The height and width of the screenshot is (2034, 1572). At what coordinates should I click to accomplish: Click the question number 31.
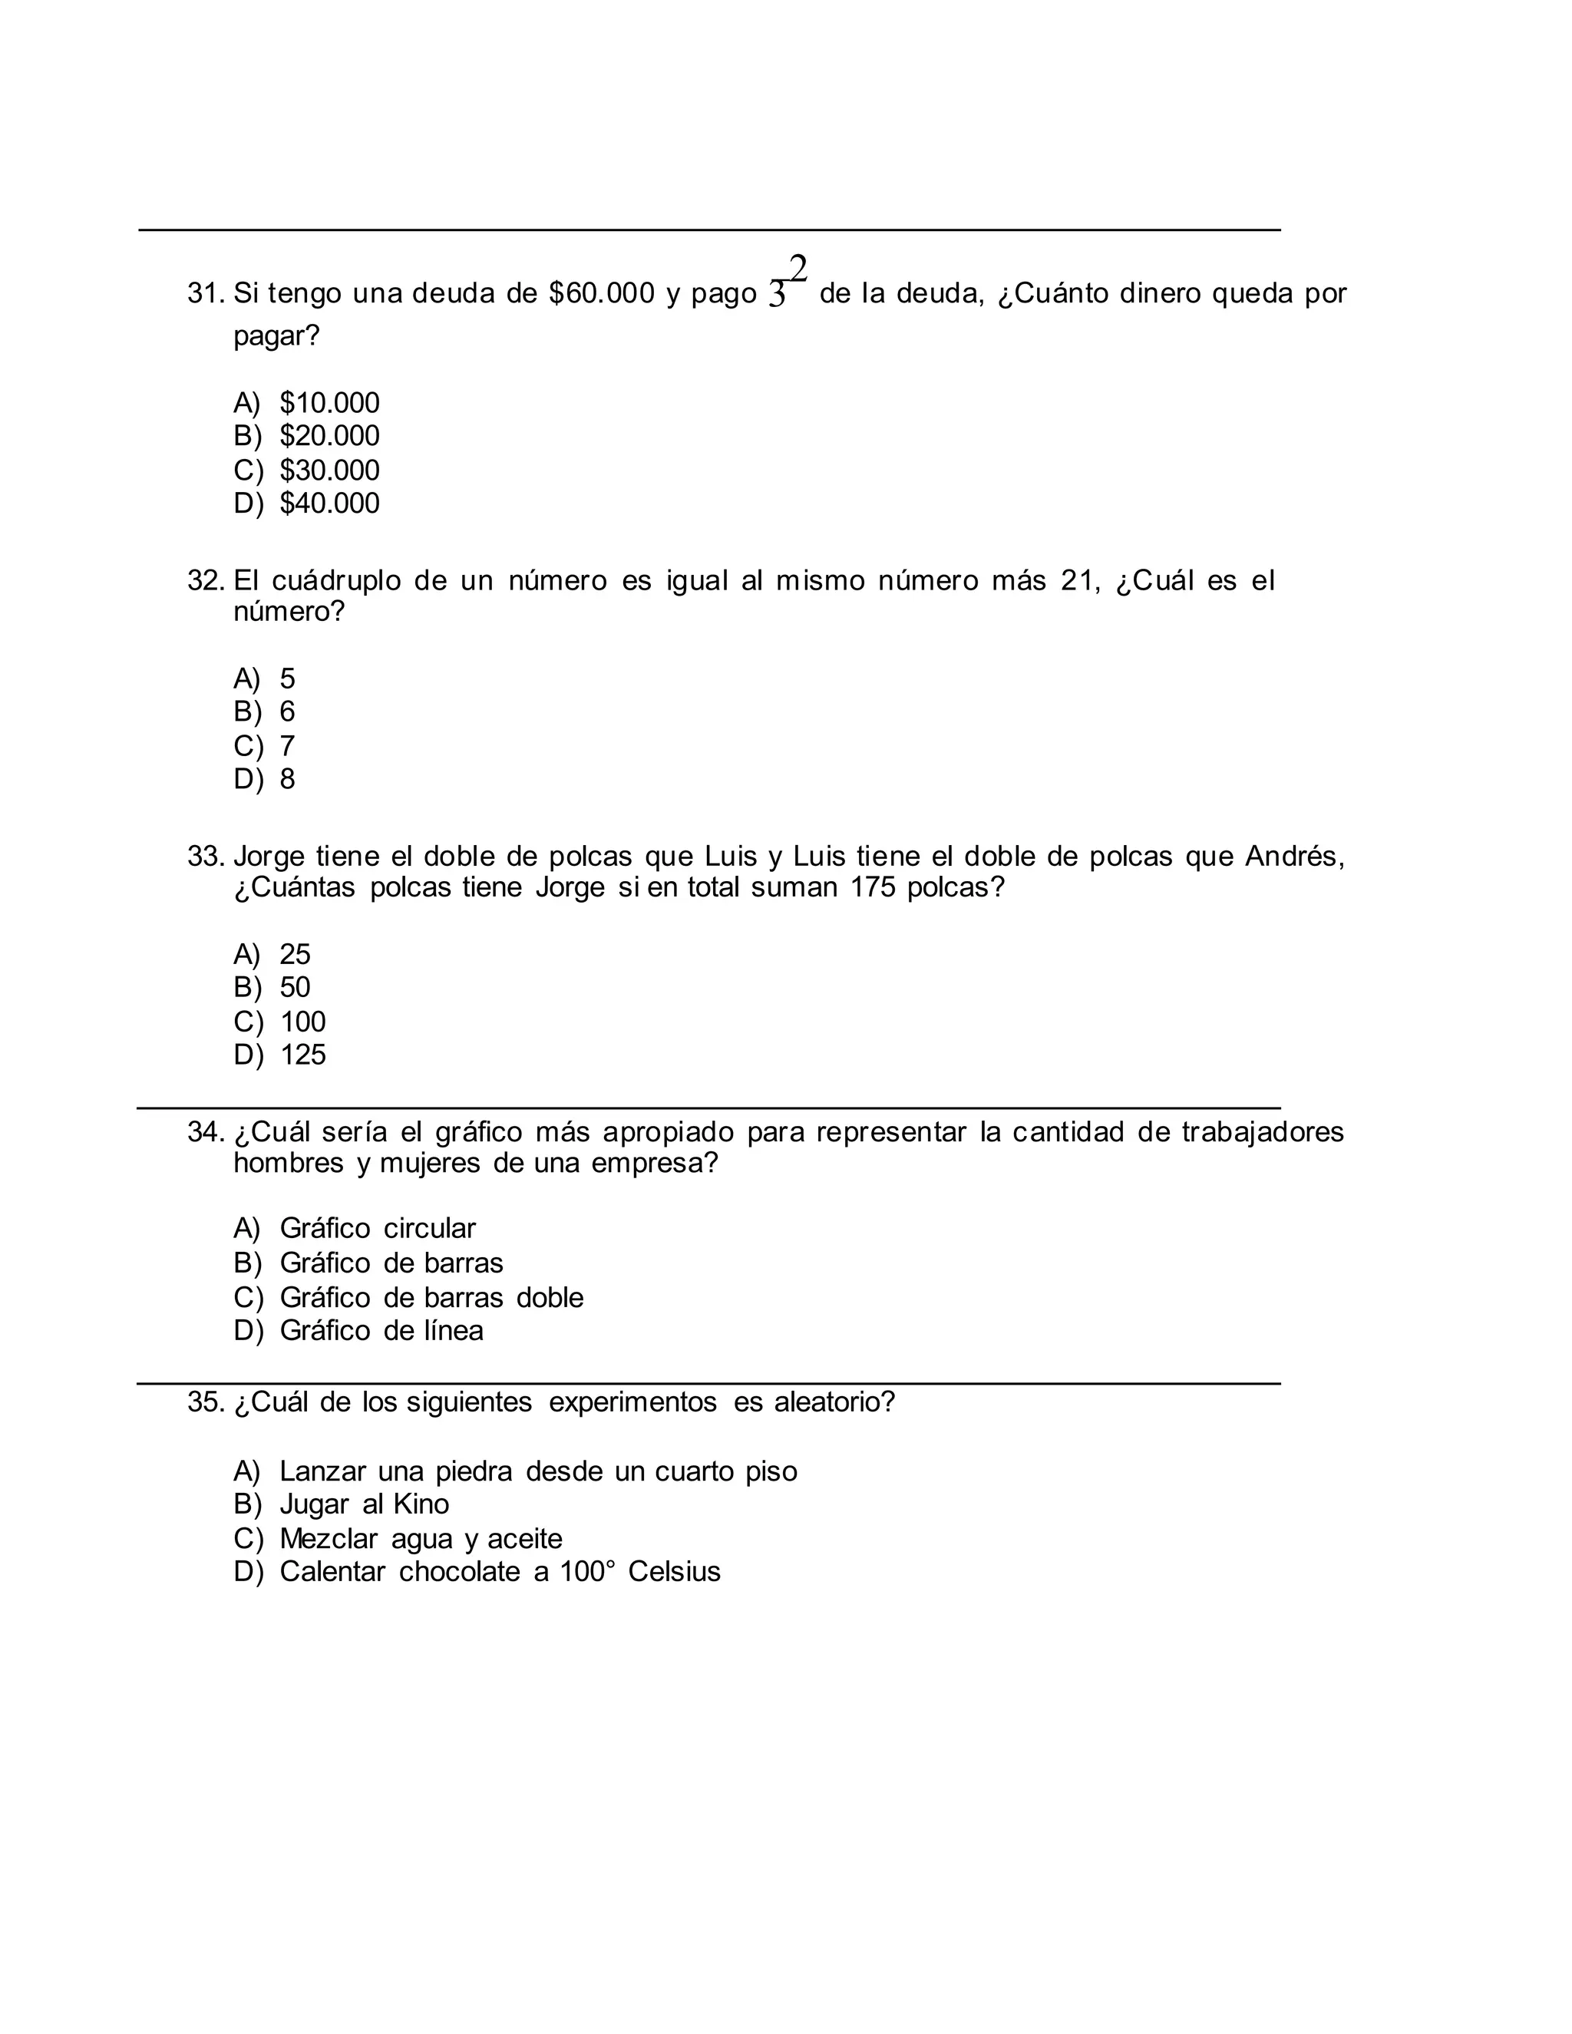205,293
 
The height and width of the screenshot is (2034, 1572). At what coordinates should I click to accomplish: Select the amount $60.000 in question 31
602,293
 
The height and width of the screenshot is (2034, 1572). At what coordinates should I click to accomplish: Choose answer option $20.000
329,436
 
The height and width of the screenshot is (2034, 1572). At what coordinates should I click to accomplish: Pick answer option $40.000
329,503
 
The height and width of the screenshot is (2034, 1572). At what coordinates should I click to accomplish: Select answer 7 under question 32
287,745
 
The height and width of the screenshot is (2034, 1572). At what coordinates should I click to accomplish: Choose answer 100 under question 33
302,1022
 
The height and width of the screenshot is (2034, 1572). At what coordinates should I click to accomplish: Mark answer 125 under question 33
302,1055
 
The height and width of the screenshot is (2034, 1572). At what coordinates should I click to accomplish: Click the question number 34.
205,1131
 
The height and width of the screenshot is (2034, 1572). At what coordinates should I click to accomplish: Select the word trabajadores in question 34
1262,1131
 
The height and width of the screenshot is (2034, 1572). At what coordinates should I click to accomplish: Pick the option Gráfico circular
377,1228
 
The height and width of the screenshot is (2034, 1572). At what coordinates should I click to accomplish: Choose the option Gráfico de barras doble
431,1297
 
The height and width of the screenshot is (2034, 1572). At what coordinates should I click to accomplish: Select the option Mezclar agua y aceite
421,1538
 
